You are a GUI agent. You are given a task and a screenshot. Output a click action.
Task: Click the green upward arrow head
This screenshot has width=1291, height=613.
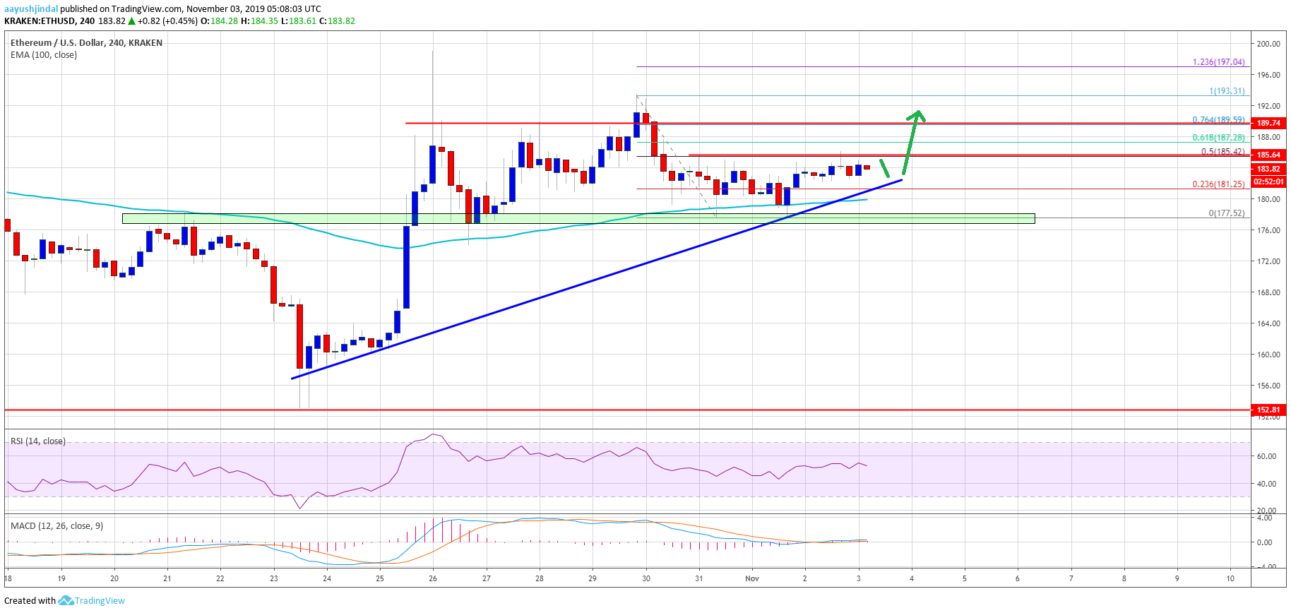coord(917,114)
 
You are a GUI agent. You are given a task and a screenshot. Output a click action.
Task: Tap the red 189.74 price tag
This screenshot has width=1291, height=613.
coord(1268,123)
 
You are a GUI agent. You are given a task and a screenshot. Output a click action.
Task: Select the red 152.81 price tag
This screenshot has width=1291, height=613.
coord(1268,410)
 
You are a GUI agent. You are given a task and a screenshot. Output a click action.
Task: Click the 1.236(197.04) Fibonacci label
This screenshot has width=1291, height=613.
coord(1218,62)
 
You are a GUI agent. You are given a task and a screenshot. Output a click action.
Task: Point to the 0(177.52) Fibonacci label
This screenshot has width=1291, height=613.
coord(1226,213)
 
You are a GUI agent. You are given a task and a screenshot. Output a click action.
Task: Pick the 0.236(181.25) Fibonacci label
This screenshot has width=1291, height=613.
coord(1218,184)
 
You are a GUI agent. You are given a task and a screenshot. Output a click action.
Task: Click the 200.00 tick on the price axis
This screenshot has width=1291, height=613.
coord(1268,44)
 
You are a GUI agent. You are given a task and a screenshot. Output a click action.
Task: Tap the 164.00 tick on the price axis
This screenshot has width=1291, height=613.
coord(1268,323)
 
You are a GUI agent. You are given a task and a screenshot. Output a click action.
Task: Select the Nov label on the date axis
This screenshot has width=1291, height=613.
coord(752,578)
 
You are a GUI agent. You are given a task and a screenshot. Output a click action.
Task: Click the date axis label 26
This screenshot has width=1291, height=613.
coord(433,578)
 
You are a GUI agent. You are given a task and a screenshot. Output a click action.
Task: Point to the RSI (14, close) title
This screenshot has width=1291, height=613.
coord(38,441)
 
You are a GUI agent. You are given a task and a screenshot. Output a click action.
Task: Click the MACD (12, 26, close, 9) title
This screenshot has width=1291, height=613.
coord(56,526)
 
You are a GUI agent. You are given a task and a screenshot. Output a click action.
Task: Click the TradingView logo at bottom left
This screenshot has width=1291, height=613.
coord(92,601)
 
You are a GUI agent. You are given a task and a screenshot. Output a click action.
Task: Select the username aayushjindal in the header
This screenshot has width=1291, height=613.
coord(31,9)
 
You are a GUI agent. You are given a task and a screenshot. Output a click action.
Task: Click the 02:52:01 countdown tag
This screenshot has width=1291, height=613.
coord(1268,181)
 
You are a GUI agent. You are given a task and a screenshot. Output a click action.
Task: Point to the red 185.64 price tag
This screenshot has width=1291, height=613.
coord(1268,155)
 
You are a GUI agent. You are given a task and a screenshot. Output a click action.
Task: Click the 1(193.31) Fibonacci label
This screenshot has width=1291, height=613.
coord(1226,91)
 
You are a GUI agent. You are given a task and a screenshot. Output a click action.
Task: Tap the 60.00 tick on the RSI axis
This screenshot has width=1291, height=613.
coord(1266,456)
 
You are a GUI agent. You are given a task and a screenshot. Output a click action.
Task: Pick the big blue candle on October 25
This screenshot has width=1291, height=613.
coord(406,267)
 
